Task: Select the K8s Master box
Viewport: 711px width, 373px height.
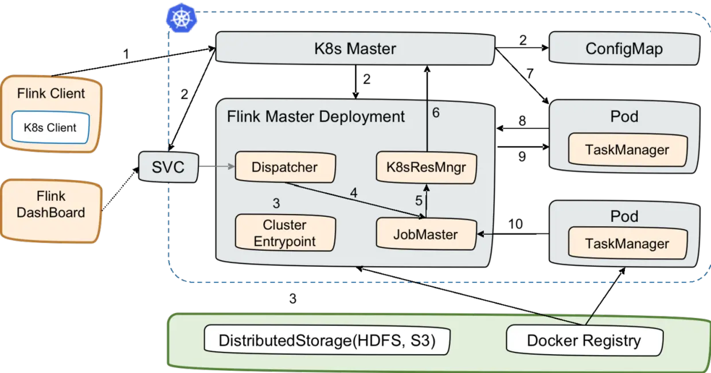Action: pyautogui.click(x=355, y=48)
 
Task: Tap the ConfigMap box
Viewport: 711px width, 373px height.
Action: pyautogui.click(x=624, y=48)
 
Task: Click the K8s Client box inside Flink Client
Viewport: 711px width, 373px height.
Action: pyautogui.click(x=50, y=127)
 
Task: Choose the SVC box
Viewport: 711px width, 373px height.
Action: pyautogui.click(x=168, y=168)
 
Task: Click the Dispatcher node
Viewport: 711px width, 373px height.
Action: pyautogui.click(x=285, y=168)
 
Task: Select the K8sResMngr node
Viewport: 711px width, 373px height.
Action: pyautogui.click(x=427, y=168)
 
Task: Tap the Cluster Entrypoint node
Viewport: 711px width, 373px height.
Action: pyautogui.click(x=285, y=233)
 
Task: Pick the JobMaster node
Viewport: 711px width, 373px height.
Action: pyautogui.click(x=425, y=234)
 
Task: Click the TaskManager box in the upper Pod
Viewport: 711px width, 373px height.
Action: pyautogui.click(x=627, y=150)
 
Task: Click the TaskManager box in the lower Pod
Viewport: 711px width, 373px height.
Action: pyautogui.click(x=627, y=243)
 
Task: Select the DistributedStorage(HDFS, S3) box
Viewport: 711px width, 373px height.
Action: pyautogui.click(x=327, y=340)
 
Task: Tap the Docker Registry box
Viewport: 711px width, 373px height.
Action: pyautogui.click(x=584, y=340)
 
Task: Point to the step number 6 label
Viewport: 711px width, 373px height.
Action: pyautogui.click(x=436, y=113)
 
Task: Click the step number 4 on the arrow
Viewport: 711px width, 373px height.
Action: pyautogui.click(x=354, y=193)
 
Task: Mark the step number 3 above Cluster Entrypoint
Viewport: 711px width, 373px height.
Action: pyautogui.click(x=276, y=203)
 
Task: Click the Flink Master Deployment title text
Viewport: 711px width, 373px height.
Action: pyautogui.click(x=316, y=116)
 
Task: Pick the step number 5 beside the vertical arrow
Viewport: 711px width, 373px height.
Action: pyautogui.click(x=419, y=201)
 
